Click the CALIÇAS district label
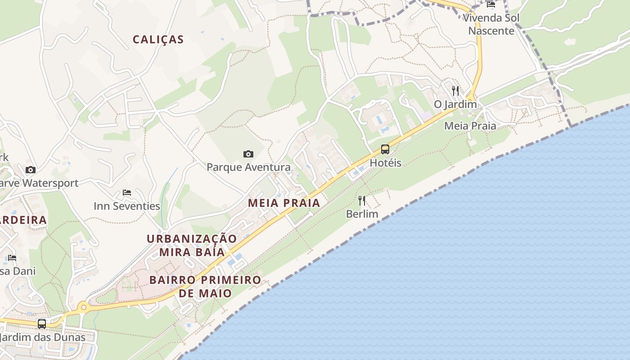tap(158, 40)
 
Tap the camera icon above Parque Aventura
tap(248, 154)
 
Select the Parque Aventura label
tap(248, 167)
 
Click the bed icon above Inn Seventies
tap(127, 193)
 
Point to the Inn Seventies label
tap(127, 206)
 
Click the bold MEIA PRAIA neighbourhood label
tap(284, 203)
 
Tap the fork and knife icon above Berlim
tap(362, 200)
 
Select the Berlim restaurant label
tap(362, 214)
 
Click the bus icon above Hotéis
tap(385, 149)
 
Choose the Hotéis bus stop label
tap(385, 163)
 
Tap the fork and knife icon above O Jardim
tap(455, 91)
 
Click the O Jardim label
tap(455, 104)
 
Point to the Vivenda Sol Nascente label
tap(491, 24)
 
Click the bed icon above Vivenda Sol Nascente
tap(491, 4)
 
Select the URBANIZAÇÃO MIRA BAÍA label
tap(192, 245)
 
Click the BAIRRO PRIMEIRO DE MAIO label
tap(205, 287)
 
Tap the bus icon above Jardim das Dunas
tap(42, 324)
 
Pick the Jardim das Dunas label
tap(42, 337)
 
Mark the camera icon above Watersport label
tap(31, 170)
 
